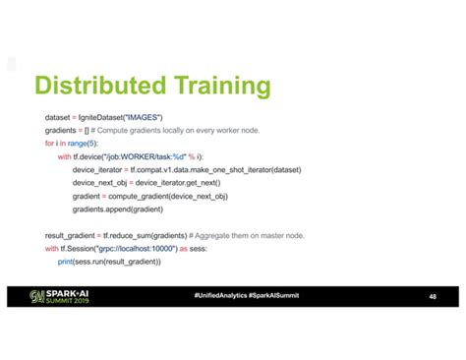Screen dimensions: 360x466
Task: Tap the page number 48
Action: pyautogui.click(x=433, y=296)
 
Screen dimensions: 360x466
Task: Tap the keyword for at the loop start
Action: pyautogui.click(x=49, y=144)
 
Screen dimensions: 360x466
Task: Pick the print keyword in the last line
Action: pyautogui.click(x=66, y=262)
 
